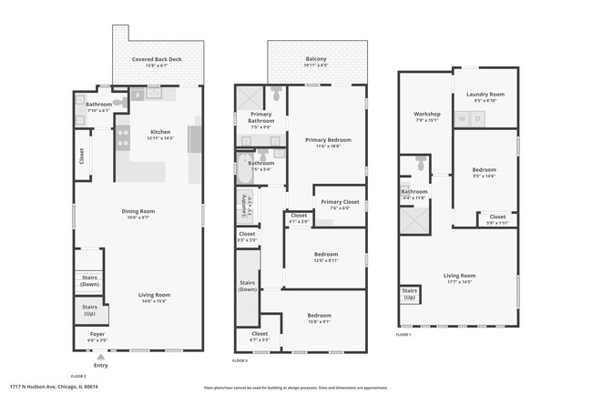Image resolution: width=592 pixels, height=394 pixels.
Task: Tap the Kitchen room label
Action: (159, 133)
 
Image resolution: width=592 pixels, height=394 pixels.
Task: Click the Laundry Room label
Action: (485, 96)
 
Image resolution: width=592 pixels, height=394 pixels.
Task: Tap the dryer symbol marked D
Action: (478, 118)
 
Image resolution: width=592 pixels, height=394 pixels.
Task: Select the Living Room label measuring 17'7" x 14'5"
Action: (459, 278)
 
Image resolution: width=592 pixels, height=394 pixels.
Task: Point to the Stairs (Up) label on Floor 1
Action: (409, 295)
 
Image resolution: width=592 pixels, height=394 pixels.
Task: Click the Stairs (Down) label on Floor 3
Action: (248, 286)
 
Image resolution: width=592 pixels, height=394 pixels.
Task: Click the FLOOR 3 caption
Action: (240, 361)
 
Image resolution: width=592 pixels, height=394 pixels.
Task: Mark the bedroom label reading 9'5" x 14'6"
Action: (484, 172)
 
